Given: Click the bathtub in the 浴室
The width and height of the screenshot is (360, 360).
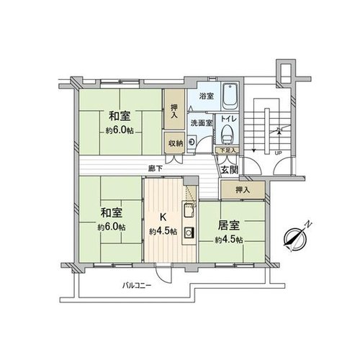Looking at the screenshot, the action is click(x=230, y=96).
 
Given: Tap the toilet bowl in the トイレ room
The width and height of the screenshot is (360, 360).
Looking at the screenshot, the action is click(x=227, y=135).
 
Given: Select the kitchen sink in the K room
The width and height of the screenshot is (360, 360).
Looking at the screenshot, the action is click(x=189, y=210).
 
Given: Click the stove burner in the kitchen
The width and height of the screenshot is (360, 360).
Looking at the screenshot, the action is click(x=189, y=233).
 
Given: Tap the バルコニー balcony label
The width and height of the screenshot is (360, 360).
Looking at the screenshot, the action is click(x=137, y=286).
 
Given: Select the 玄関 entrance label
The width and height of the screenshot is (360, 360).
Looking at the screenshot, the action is click(x=230, y=170).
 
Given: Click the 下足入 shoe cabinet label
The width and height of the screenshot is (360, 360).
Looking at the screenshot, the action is click(x=227, y=150).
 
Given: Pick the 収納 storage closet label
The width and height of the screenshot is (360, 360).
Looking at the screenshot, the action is click(x=175, y=143).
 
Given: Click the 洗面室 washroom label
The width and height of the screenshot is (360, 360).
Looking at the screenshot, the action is click(x=202, y=123).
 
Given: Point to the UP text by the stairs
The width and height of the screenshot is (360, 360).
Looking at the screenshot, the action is click(x=278, y=153).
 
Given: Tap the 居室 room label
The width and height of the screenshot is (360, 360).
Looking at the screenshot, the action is click(x=228, y=225).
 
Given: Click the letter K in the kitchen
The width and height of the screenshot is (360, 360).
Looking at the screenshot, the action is click(x=163, y=217).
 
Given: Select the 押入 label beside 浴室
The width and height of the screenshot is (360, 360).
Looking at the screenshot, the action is click(x=174, y=112).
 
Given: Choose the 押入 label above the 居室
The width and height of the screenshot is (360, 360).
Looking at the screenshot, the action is click(x=243, y=190).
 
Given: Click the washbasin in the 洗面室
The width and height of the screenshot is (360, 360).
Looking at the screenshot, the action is click(x=192, y=143).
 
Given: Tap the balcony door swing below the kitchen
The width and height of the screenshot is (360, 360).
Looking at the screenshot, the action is click(x=163, y=275).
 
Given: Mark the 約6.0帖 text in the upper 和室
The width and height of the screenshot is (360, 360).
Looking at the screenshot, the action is click(x=120, y=130).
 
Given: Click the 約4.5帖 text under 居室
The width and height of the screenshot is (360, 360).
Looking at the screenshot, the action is click(x=229, y=240).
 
